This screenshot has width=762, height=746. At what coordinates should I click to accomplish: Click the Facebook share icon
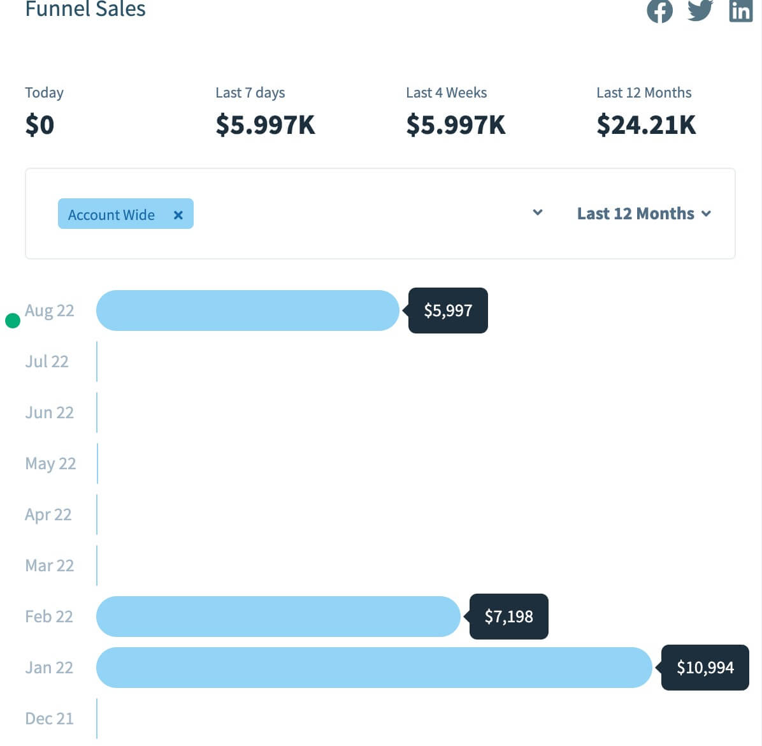coord(659,11)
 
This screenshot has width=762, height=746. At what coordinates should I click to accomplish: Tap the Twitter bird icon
coord(700,10)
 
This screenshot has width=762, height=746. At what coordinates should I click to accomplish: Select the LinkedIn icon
coord(740,11)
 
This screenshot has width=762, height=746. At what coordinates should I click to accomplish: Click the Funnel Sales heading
coord(85,9)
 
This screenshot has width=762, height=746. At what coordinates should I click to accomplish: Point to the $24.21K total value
coord(646,125)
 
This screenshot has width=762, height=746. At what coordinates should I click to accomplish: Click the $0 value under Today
coord(40,125)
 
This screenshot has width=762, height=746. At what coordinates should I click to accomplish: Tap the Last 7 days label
coord(250,92)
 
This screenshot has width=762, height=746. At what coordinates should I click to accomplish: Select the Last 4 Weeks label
coord(446,92)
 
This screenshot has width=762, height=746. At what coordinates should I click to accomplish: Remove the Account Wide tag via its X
coord(178,215)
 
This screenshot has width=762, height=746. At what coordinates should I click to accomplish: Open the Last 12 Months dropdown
coord(643,214)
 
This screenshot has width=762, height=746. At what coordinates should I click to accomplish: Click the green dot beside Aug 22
coord(13,320)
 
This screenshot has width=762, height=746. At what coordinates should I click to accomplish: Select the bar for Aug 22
coord(247,311)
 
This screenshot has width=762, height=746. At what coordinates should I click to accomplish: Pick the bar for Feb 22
coord(278,617)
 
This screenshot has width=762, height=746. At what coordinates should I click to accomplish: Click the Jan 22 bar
coord(373,668)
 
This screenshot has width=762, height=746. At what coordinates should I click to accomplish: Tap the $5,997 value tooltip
coord(448,311)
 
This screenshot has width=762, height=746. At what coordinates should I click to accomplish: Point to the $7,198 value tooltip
coord(508,617)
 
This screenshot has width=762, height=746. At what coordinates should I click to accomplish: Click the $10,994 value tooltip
coord(705,668)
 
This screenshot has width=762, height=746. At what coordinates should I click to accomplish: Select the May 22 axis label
coord(50,464)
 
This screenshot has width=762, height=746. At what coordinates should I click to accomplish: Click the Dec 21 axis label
coord(49,719)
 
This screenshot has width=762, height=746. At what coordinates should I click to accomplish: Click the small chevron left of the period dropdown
coord(538,212)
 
